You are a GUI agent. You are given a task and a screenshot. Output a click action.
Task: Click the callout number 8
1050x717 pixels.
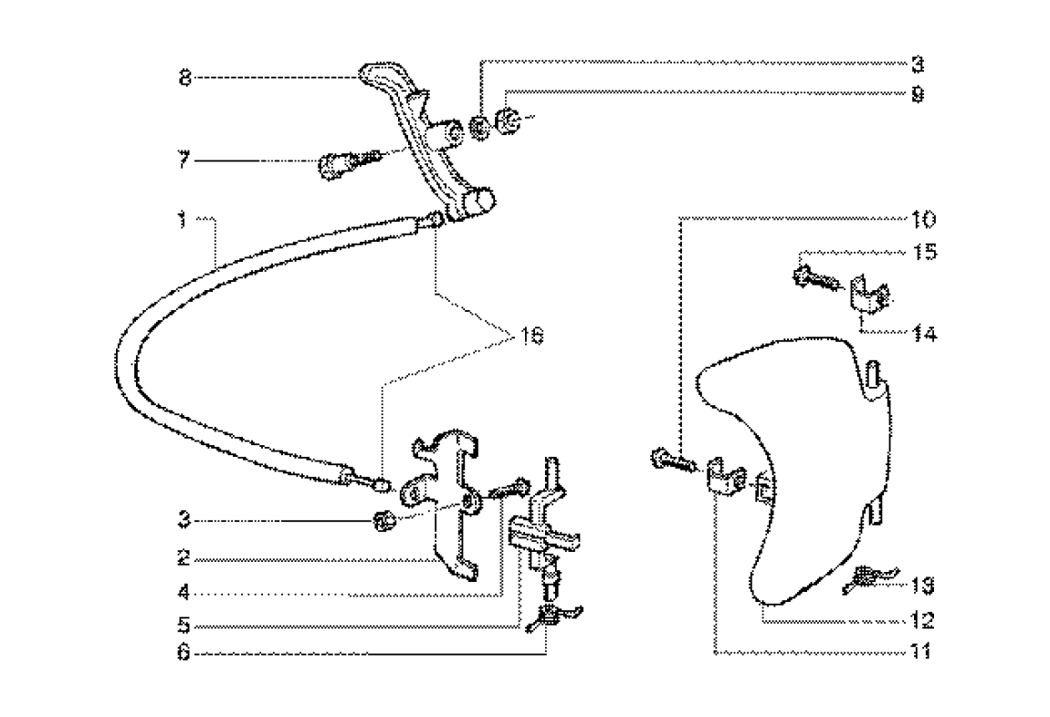[184, 78]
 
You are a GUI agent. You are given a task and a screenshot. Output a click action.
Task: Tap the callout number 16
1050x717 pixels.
[531, 338]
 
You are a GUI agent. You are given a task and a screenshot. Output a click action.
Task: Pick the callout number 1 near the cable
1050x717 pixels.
[183, 219]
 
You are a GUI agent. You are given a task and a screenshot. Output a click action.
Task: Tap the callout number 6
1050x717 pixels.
[184, 653]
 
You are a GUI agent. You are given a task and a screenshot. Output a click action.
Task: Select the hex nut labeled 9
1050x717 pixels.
[509, 119]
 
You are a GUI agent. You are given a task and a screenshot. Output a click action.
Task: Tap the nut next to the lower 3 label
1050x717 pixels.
[385, 521]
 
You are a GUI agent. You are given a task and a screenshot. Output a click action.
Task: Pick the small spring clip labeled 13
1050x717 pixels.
[865, 578]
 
